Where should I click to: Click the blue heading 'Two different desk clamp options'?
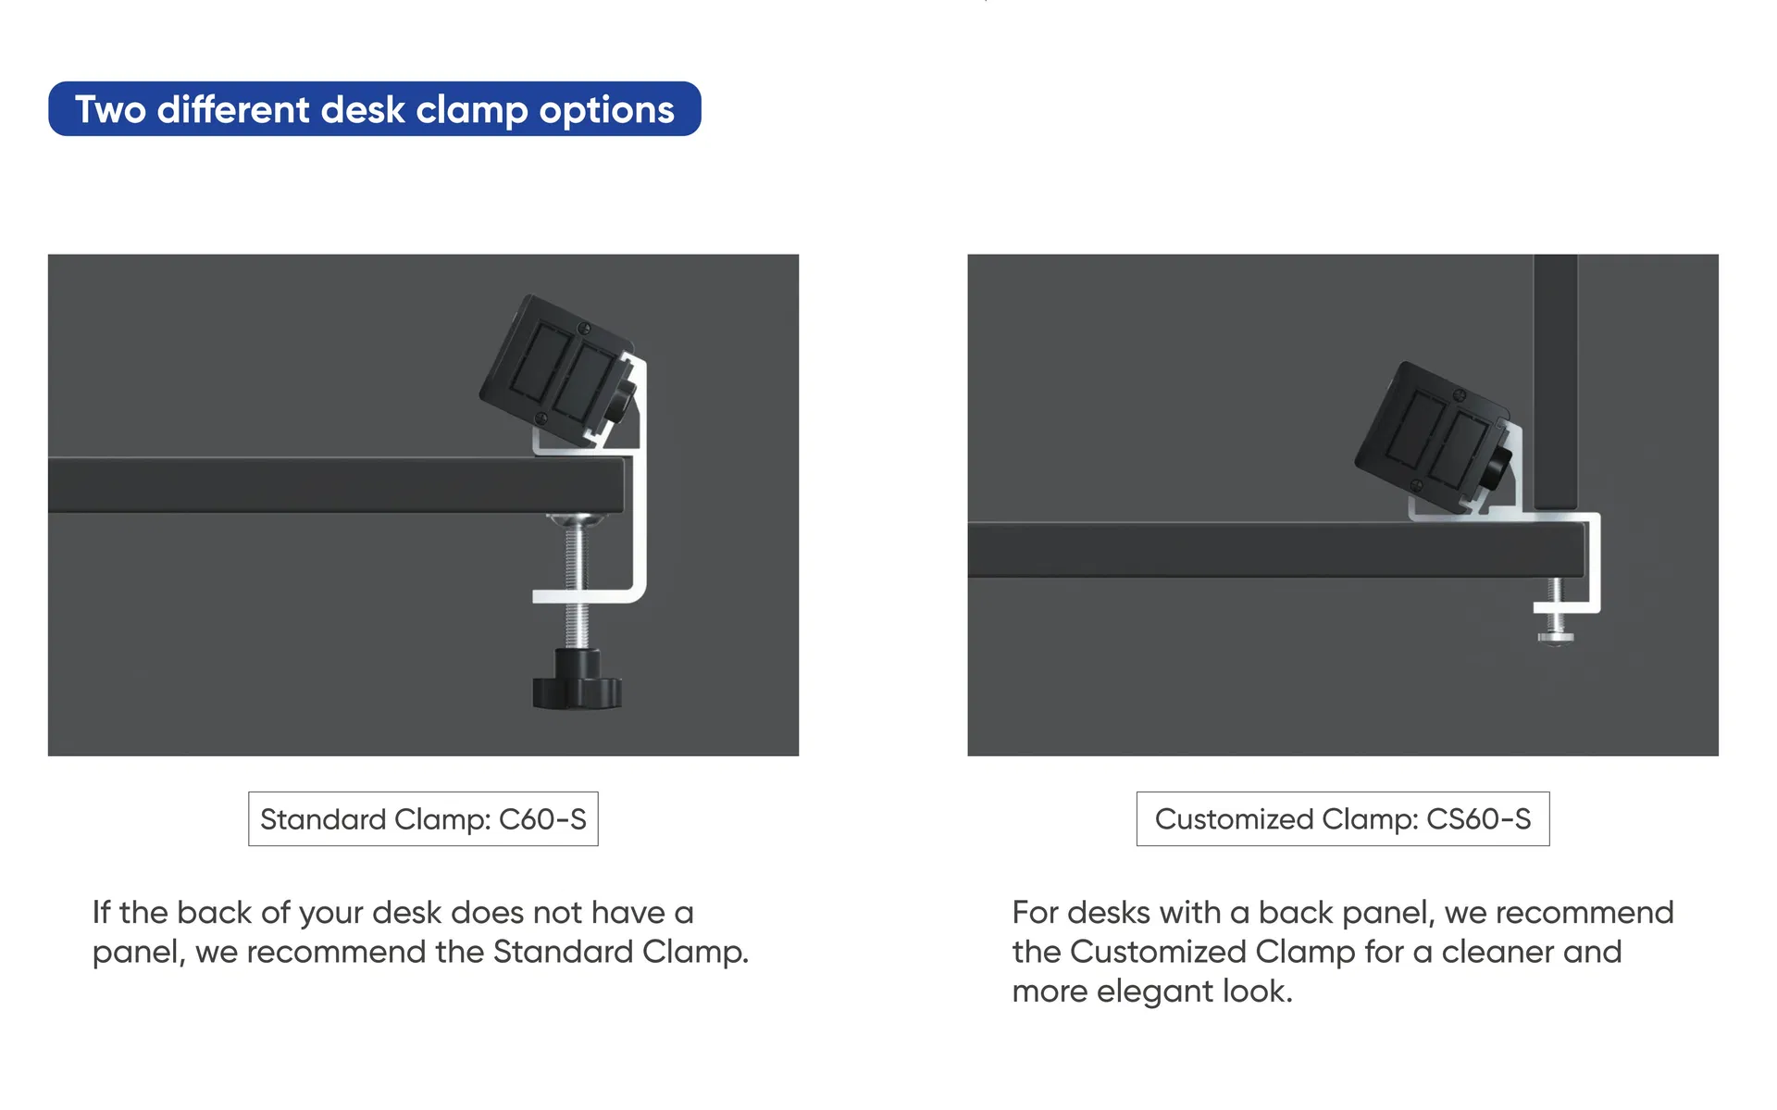coord(375,109)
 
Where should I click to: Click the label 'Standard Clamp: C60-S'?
coord(423,818)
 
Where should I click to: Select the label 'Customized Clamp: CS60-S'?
coord(1343,818)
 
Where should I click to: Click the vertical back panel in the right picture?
coord(1555,381)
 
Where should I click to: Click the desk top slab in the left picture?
coord(336,484)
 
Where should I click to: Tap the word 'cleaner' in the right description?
coord(1498,952)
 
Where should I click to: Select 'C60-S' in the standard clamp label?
coord(542,819)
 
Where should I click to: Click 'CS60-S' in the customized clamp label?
coord(1479,819)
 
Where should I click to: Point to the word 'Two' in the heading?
coord(110,109)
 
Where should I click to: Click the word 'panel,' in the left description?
coord(139,954)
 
